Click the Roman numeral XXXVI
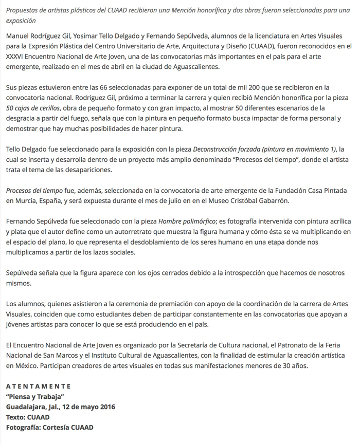point(19,57)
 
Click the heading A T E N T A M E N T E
point(39,386)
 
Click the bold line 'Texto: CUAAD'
point(28,417)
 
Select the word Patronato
point(267,345)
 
